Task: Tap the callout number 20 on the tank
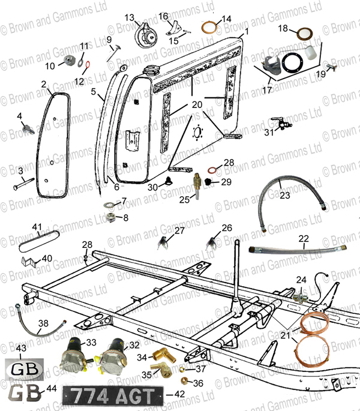click(x=197, y=104)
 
